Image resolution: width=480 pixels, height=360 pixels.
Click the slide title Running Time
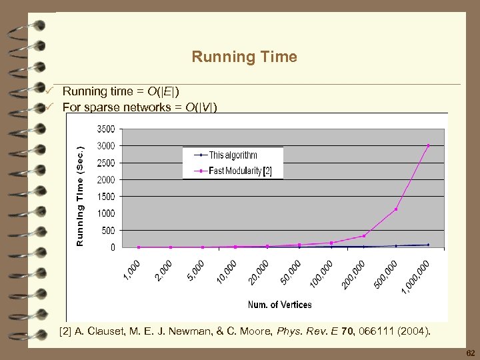(244, 57)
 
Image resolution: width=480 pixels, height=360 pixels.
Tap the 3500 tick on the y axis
(105, 129)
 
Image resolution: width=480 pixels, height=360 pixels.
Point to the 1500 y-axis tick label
(105, 197)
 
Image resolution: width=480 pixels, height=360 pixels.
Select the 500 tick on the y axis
(108, 231)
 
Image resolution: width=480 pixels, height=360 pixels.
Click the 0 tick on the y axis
(113, 247)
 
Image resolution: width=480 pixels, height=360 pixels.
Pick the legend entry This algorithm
(233, 155)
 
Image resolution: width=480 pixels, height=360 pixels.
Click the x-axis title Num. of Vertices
(279, 305)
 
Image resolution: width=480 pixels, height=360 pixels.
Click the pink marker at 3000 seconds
(428, 145)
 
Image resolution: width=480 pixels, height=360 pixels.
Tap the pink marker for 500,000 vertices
(396, 209)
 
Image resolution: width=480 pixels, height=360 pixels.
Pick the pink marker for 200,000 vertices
(363, 235)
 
